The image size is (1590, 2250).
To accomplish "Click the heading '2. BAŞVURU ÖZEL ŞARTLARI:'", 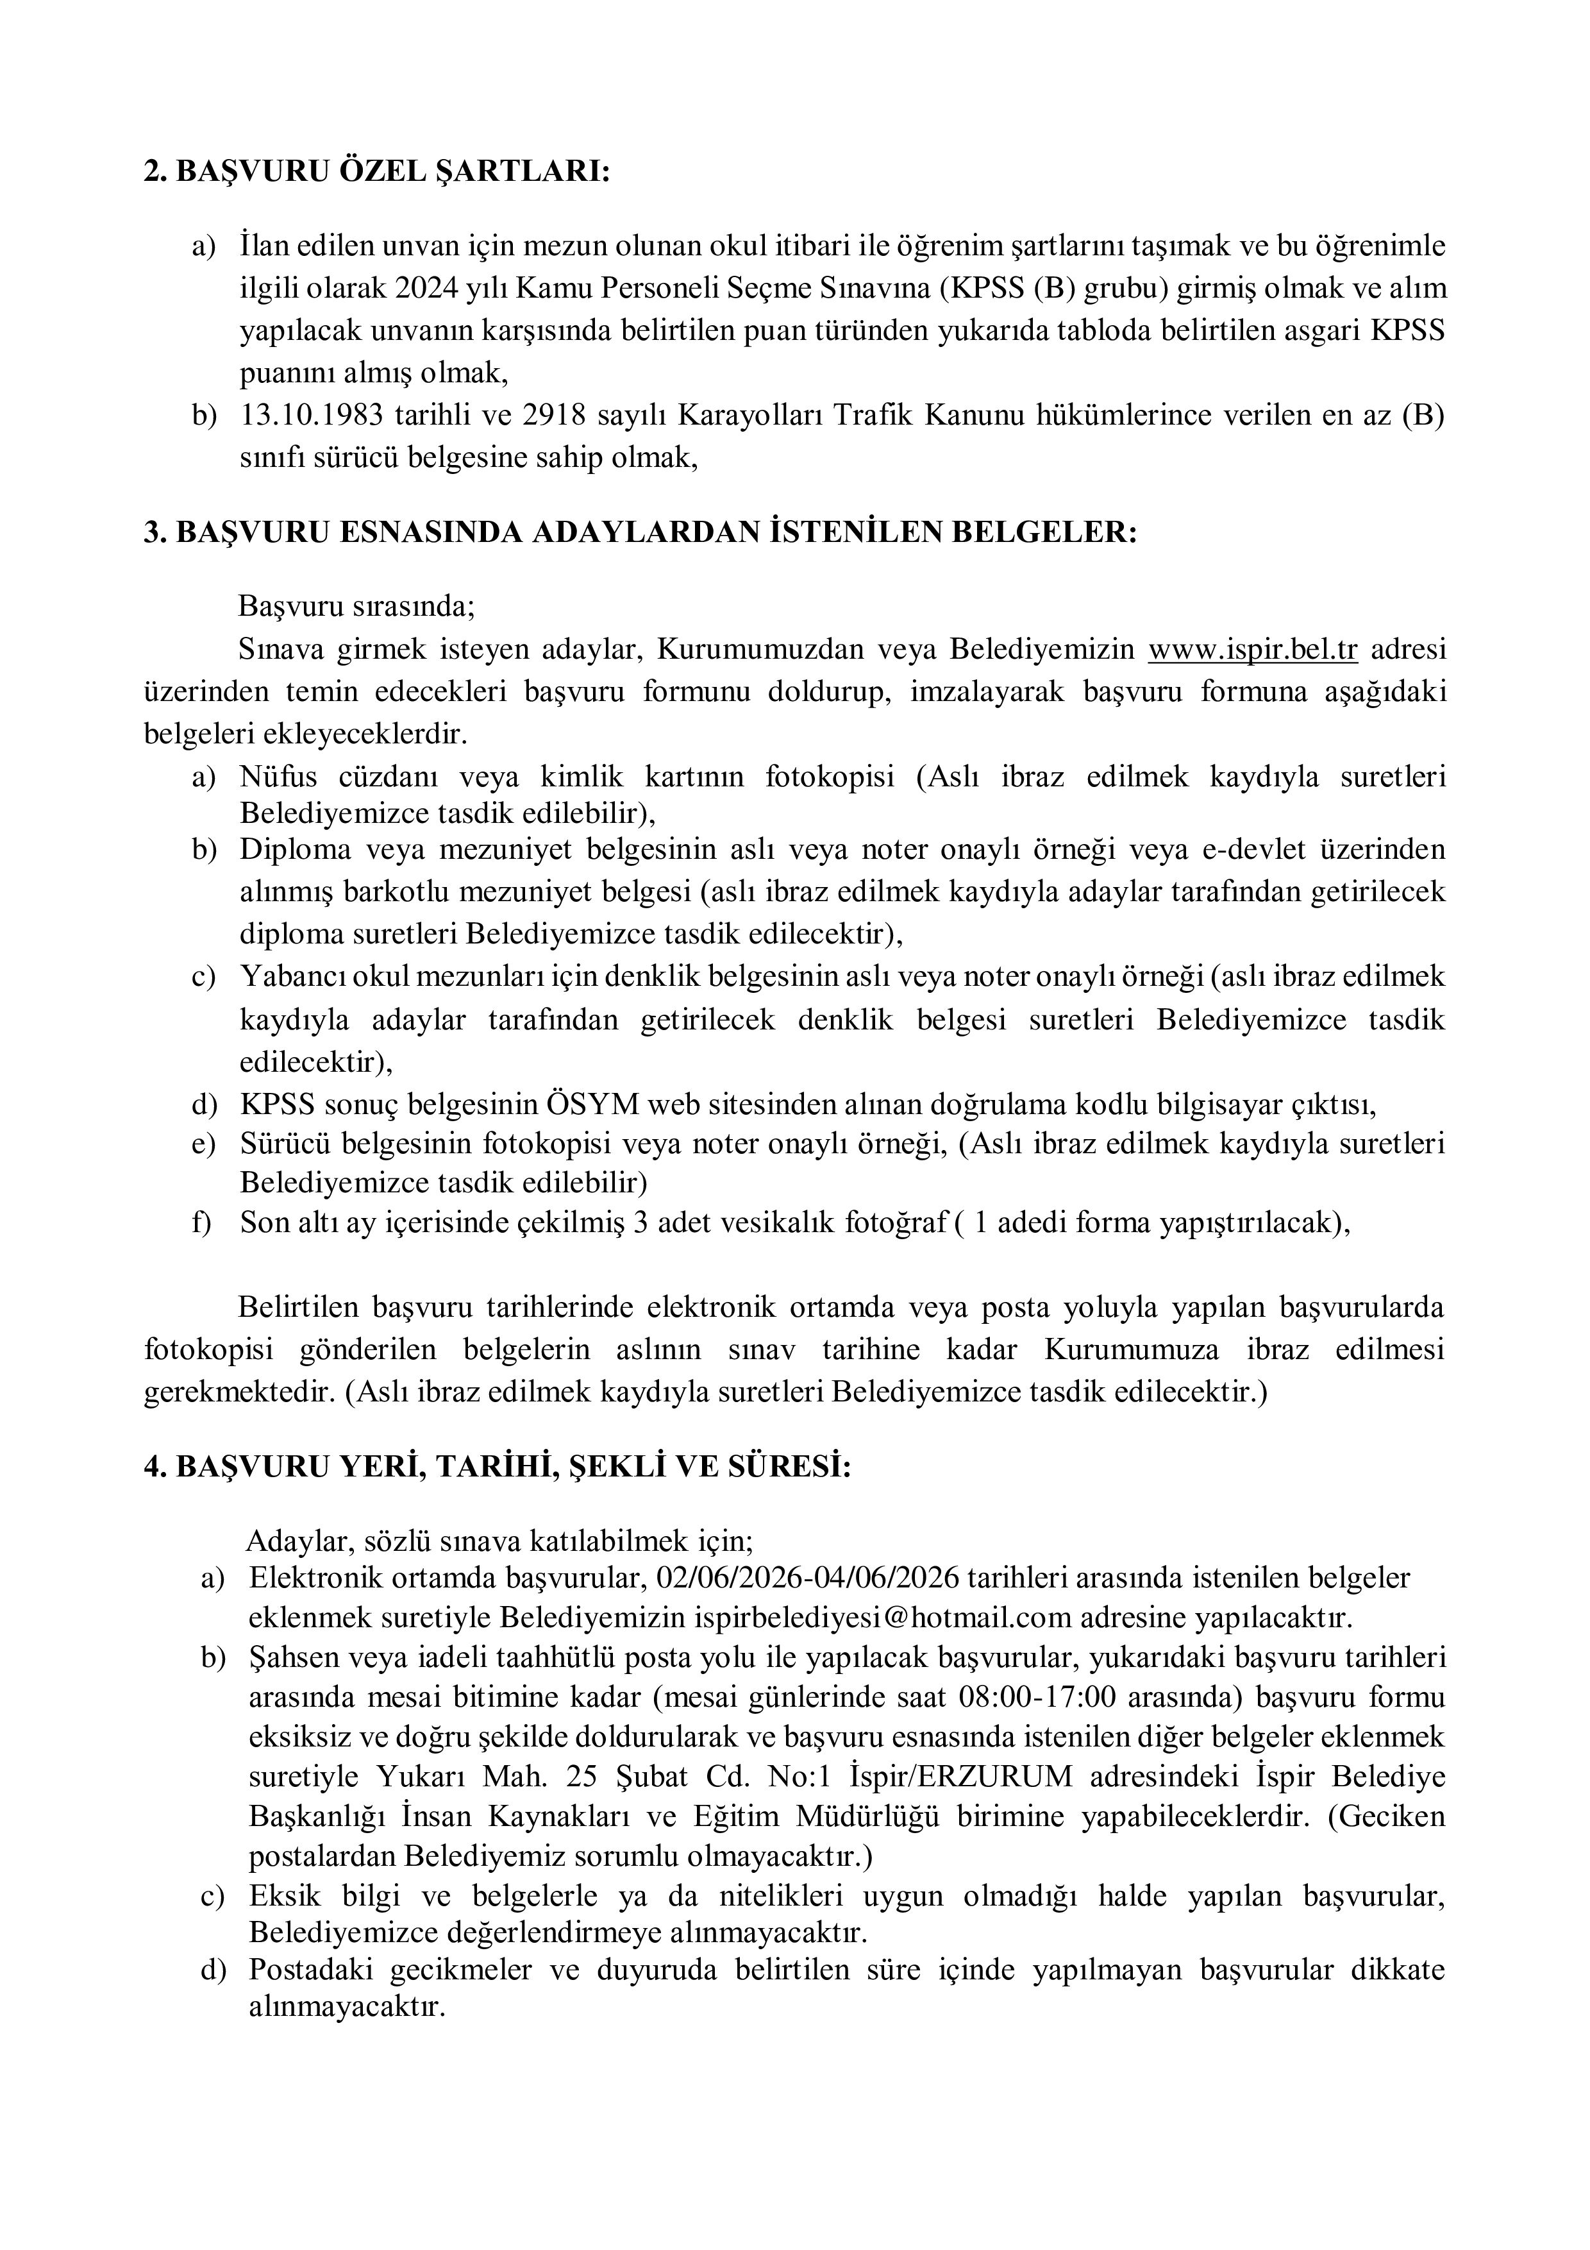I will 376,171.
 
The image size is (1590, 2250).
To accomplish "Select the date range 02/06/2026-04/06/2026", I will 812,1578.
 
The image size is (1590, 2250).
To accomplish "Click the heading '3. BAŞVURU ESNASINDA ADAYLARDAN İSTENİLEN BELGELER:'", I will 640,532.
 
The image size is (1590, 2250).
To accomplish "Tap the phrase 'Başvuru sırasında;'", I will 356,607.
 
